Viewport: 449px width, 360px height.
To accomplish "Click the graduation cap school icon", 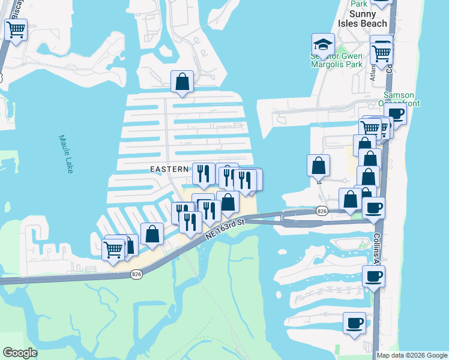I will (x=323, y=44).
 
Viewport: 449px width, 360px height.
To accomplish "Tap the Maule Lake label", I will (x=66, y=154).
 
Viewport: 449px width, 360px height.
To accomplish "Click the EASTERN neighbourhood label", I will (x=170, y=170).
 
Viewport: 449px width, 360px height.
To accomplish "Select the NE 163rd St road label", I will (x=225, y=229).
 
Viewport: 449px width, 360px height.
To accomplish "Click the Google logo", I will (x=20, y=353).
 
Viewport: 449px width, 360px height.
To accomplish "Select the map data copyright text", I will (x=412, y=355).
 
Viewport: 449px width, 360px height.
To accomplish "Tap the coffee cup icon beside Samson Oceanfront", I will (x=396, y=114).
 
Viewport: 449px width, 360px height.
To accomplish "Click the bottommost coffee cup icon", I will (x=354, y=323).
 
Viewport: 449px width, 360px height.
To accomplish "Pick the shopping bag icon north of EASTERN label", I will (x=182, y=82).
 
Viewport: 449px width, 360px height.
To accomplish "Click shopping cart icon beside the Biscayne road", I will (x=16, y=29).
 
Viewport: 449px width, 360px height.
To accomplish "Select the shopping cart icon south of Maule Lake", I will (x=113, y=249).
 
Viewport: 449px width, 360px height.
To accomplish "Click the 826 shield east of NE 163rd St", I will (x=322, y=211).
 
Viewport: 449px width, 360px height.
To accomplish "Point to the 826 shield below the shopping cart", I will (x=136, y=274).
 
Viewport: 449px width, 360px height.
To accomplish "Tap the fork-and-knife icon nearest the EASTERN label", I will (x=203, y=173).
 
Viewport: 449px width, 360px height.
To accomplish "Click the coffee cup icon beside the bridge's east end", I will (x=374, y=208).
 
